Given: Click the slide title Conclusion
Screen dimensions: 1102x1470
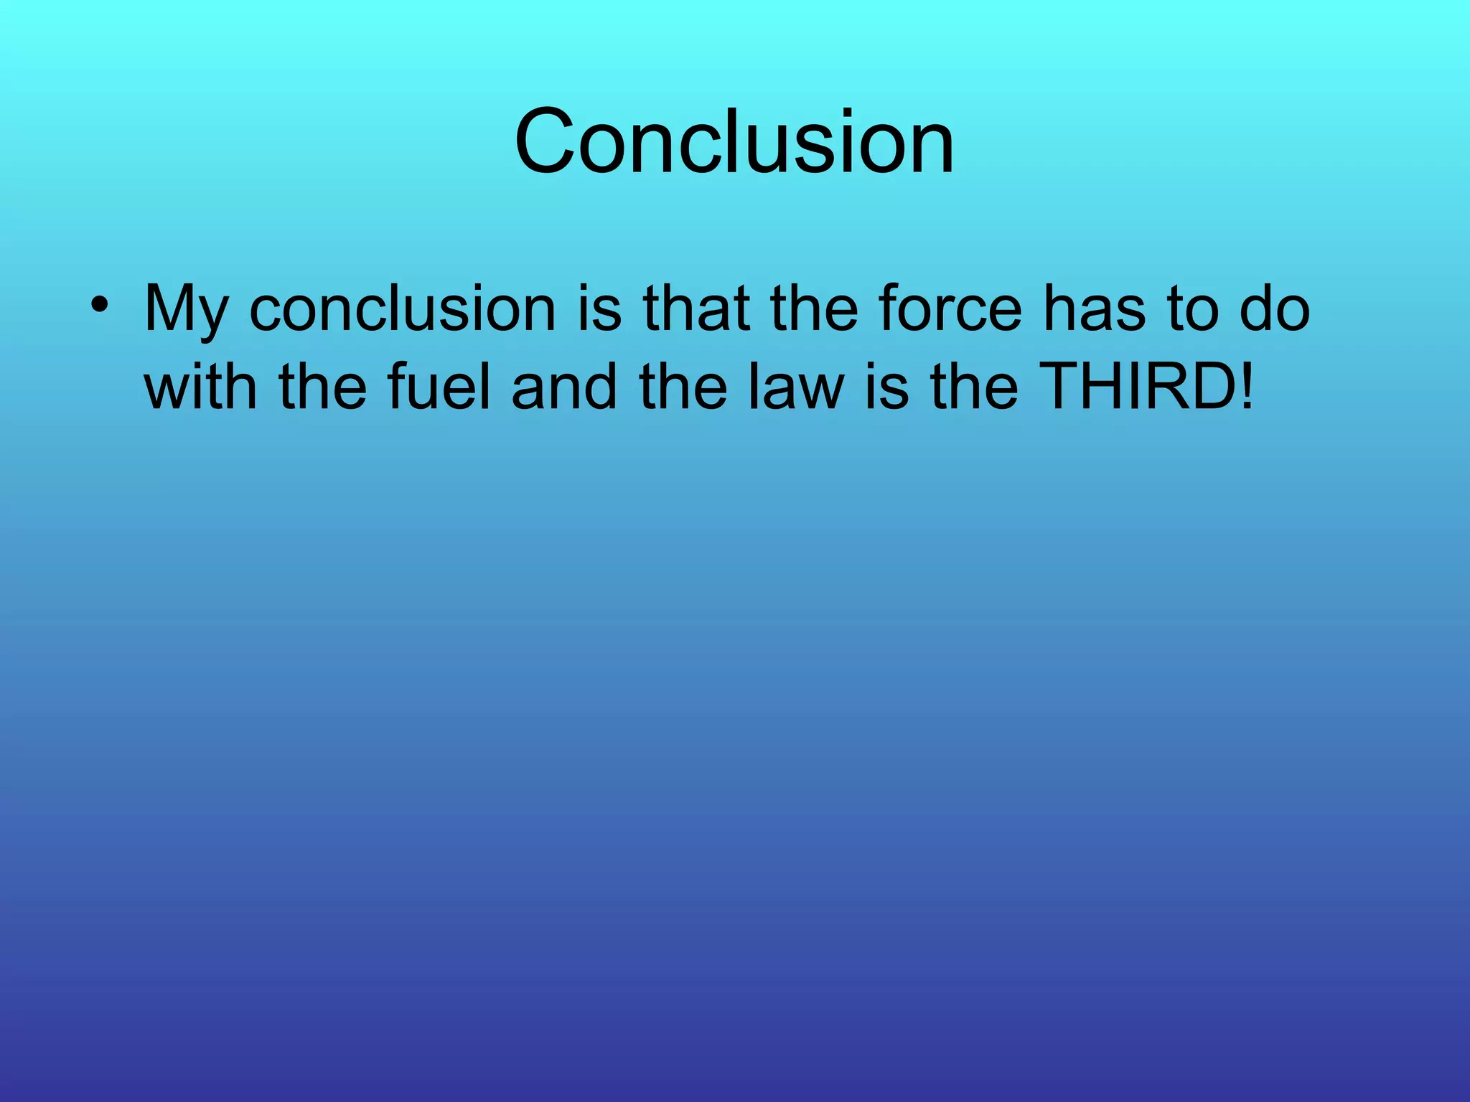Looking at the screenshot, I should click(x=734, y=141).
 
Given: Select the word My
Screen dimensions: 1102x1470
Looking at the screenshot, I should click(x=186, y=311).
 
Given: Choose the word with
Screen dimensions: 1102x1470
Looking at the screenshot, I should click(x=200, y=387).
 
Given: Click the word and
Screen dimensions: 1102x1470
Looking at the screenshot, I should click(x=564, y=387).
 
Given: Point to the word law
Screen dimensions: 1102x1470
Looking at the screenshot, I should click(x=796, y=387).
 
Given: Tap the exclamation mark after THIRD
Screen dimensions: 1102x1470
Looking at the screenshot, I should click(x=1246, y=387).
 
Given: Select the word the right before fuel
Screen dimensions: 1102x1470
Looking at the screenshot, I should click(x=323, y=387).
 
